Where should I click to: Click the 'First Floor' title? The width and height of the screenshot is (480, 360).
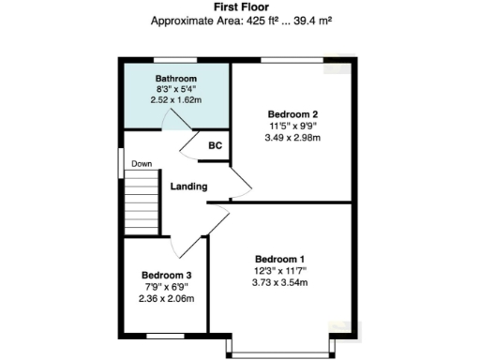point(241,7)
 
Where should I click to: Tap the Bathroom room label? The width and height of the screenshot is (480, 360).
point(176,78)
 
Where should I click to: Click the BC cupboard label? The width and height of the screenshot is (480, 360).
point(216,145)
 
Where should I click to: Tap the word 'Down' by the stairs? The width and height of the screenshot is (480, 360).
point(142,164)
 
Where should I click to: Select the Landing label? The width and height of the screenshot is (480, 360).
point(188,187)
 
